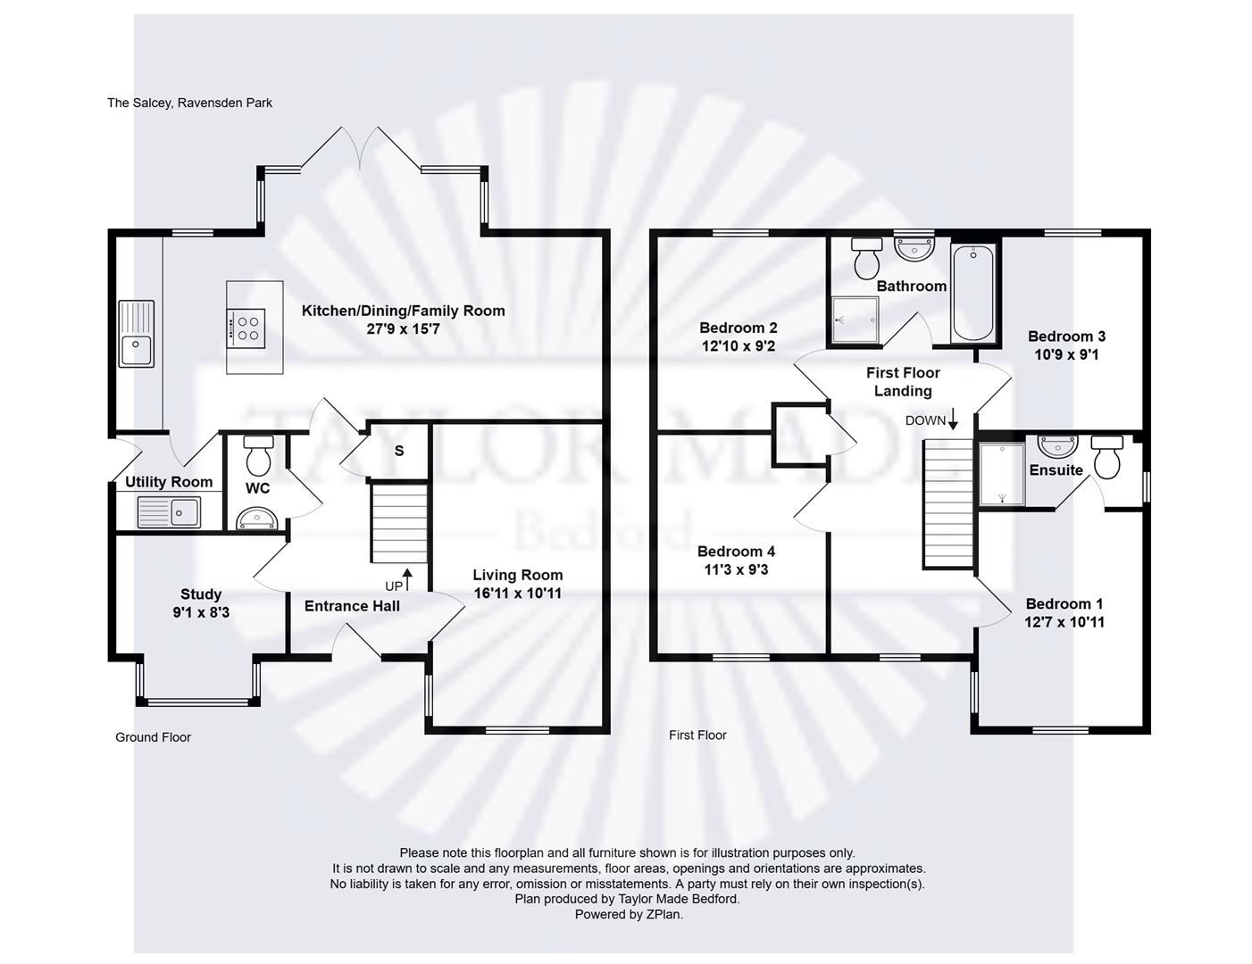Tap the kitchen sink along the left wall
pos(137,334)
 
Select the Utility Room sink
pos(169,512)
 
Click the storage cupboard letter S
pos(399,451)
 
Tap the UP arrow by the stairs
pos(407,580)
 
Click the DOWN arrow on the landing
pos(953,420)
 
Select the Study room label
pos(201,594)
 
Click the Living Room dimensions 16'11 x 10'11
pos(517,594)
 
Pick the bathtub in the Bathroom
pos(973,293)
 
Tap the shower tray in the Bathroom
pos(856,320)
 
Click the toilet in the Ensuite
pos(1106,457)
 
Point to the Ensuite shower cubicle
pos(1003,474)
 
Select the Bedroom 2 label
pos(738,328)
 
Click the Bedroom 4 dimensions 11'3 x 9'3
pos(736,569)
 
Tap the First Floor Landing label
pos(903,382)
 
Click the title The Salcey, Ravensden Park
pos(189,103)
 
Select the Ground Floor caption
pos(153,737)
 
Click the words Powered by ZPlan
pos(629,914)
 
